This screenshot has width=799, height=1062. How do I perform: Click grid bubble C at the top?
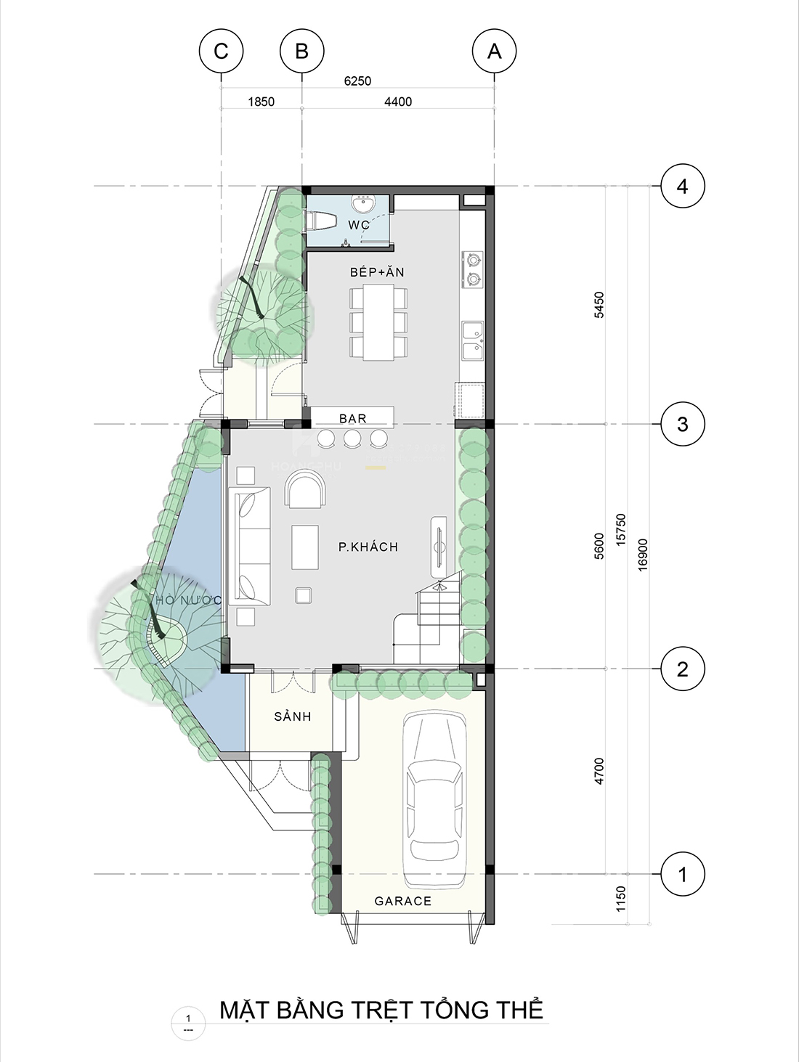click(x=221, y=51)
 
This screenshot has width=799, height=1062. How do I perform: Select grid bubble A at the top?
click(x=494, y=51)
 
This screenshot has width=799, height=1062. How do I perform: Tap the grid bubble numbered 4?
click(x=682, y=187)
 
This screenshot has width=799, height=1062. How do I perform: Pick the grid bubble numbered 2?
click(x=682, y=669)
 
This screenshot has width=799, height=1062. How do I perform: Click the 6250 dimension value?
click(x=357, y=81)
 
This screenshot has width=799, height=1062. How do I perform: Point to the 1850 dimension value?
click(x=261, y=102)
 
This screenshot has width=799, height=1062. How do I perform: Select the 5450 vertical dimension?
click(x=599, y=305)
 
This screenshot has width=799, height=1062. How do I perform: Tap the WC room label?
click(x=359, y=225)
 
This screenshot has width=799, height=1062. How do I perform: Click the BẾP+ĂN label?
click(x=377, y=272)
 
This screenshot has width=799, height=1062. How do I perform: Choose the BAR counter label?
click(x=353, y=418)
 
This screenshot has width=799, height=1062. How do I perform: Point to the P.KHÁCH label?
click(x=368, y=547)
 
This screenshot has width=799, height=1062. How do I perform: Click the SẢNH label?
click(x=292, y=716)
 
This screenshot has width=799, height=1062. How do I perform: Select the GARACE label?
click(x=402, y=901)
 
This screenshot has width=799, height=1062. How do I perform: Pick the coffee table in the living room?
click(x=305, y=547)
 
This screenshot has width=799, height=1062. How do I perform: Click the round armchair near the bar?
click(x=306, y=491)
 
